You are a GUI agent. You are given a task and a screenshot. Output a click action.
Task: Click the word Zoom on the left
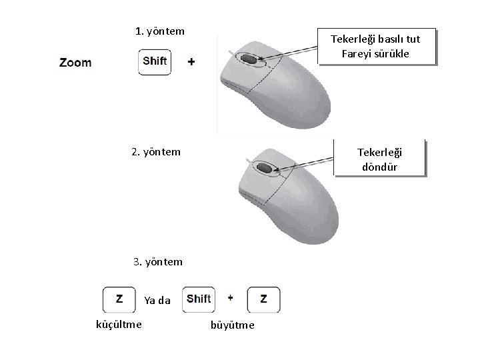[75, 63]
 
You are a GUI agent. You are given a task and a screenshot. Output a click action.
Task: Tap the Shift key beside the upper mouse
[155, 62]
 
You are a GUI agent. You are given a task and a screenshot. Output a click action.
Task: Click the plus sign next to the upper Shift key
[191, 62]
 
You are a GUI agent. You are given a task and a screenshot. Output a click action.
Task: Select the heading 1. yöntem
[159, 31]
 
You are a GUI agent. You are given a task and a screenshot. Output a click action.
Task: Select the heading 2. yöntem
[156, 151]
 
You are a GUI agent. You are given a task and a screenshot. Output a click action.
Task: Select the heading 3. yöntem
[157, 261]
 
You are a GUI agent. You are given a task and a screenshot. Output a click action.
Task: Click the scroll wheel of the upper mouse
[249, 60]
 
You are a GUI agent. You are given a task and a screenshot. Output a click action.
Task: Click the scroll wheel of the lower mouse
[264, 169]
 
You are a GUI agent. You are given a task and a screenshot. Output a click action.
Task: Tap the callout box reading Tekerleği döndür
[379, 159]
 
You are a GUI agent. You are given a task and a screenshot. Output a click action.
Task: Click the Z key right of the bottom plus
[263, 299]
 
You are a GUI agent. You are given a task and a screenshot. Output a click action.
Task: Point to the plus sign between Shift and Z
[230, 298]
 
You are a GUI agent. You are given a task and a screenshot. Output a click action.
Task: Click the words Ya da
[157, 301]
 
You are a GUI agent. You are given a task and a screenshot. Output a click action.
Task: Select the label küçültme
[119, 324]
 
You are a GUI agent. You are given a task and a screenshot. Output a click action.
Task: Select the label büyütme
[232, 325]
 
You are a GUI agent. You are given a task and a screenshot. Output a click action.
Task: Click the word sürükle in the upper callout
[398, 53]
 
